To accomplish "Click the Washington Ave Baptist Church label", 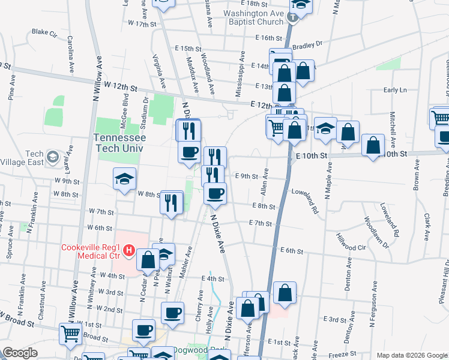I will point(253,17).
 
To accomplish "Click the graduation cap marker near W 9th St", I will point(124,178).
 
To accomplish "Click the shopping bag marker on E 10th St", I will point(373,145).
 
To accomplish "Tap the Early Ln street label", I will point(394,90).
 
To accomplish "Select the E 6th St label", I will point(291,250).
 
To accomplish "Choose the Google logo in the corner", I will point(20,353).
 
